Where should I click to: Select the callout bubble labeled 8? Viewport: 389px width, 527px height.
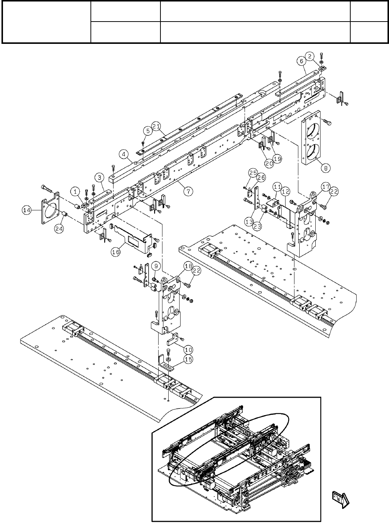pyautogui.click(x=326, y=168)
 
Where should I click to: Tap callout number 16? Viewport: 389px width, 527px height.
pyautogui.click(x=116, y=252)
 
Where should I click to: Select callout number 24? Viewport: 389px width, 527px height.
pyautogui.click(x=59, y=229)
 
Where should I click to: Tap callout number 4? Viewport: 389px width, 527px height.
pyautogui.click(x=124, y=153)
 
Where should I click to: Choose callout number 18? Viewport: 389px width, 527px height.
pyautogui.click(x=188, y=266)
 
